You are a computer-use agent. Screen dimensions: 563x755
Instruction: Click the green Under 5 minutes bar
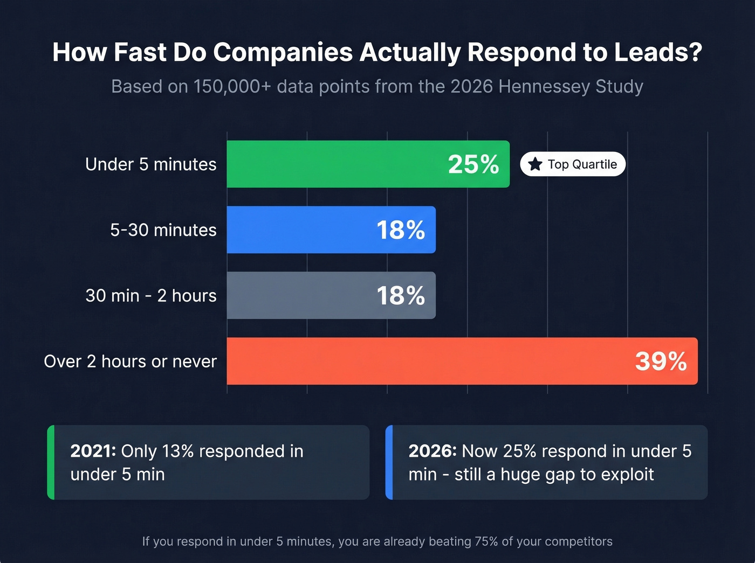(x=334, y=164)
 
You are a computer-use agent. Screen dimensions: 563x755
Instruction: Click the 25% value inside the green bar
(x=473, y=164)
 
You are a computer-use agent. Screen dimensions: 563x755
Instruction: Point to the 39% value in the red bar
(x=661, y=362)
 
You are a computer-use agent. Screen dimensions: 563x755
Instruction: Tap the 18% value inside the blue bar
(x=401, y=230)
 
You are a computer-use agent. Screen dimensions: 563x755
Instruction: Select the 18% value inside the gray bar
(x=401, y=296)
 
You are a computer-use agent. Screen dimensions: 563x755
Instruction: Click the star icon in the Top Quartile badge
(x=535, y=164)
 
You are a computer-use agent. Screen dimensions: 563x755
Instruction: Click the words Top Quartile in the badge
(x=582, y=164)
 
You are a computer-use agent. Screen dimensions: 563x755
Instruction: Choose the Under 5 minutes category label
(x=150, y=164)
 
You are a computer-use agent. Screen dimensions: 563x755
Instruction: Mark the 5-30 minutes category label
(x=163, y=230)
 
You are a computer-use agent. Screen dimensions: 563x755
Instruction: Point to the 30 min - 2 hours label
(x=150, y=296)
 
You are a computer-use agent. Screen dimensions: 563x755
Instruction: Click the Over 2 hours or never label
(x=130, y=362)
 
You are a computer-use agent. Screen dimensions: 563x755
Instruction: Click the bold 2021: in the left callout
(x=93, y=451)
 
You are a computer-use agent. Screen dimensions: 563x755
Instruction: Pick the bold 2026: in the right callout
(x=433, y=451)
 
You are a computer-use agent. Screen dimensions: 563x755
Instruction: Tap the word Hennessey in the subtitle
(x=544, y=86)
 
